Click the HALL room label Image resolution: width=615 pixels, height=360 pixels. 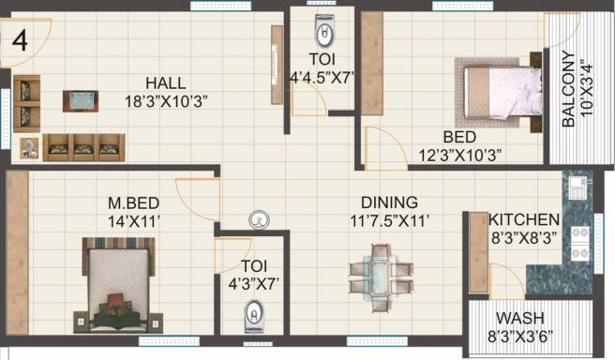click(166, 83)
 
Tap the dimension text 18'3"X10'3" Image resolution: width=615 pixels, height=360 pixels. click(166, 101)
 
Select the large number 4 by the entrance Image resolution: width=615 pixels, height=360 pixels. click(20, 41)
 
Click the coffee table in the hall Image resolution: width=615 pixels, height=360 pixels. click(81, 101)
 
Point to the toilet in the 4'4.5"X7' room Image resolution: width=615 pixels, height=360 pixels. click(324, 30)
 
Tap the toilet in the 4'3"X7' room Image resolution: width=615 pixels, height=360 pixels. click(254, 316)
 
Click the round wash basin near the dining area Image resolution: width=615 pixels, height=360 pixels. click(259, 220)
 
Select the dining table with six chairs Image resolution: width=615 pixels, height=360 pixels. click(381, 277)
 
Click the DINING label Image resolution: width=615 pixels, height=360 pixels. click(389, 202)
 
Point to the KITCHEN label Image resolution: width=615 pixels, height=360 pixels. click(524, 219)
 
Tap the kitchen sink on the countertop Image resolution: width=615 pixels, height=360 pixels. click(577, 187)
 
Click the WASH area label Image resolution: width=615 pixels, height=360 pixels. click(520, 318)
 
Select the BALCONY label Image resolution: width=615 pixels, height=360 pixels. click(568, 89)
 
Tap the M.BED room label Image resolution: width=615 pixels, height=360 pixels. click(134, 203)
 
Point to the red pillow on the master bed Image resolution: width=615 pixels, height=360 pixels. click(115, 300)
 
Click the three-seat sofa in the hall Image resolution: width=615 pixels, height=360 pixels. click(84, 147)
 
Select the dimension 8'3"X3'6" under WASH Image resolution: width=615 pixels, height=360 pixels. click(520, 337)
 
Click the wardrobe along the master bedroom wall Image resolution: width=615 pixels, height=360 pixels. click(17, 252)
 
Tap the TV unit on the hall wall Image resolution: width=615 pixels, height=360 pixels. click(277, 65)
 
